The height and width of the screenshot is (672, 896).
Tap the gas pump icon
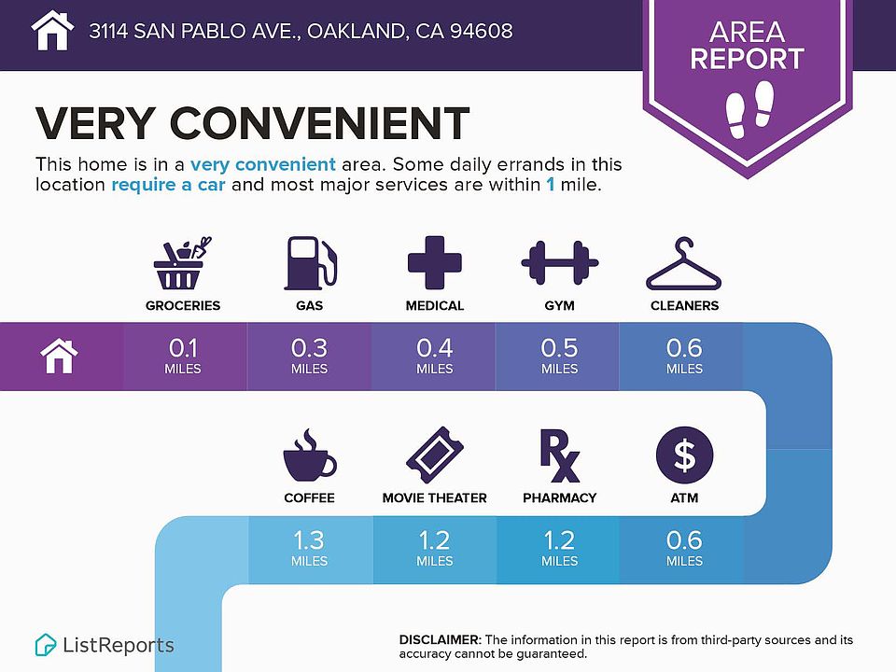(310, 263)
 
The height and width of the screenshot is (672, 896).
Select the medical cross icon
(434, 262)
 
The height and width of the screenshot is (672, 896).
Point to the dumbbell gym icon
(559, 263)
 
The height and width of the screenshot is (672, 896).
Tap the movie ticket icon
(434, 455)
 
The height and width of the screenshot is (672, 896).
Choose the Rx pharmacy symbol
(559, 455)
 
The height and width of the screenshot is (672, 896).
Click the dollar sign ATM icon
(684, 455)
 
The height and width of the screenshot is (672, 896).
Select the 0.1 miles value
(183, 356)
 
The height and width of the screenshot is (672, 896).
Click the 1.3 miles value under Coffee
(309, 548)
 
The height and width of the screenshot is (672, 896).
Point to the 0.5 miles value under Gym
(559, 356)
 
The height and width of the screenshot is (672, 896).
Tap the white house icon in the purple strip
(60, 356)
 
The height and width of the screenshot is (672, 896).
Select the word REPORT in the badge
(747, 58)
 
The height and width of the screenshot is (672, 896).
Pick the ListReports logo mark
(45, 645)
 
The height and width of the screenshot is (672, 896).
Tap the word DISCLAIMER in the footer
(440, 639)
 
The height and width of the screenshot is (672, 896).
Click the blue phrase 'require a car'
(168, 185)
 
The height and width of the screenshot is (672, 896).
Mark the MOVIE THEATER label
(434, 497)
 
